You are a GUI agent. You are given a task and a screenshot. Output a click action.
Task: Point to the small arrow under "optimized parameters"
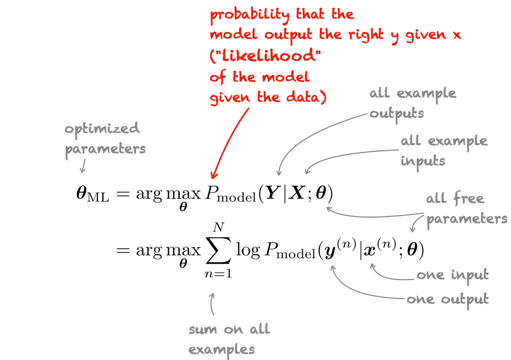click(82, 166)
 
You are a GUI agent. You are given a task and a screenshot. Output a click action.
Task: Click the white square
click(30, 283)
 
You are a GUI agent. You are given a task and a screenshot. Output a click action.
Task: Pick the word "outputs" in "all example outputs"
click(397, 114)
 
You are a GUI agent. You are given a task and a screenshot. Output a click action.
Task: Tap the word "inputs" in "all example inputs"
click(423, 161)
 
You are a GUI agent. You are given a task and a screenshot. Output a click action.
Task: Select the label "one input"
click(452, 275)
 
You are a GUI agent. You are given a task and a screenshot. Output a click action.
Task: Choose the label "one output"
click(447, 300)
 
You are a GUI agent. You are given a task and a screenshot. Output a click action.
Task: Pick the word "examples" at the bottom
click(221, 349)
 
